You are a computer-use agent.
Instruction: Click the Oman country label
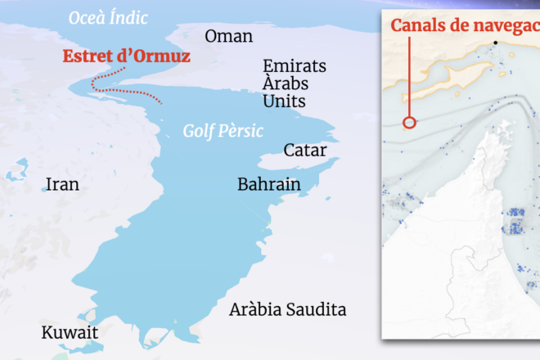pyautogui.click(x=228, y=37)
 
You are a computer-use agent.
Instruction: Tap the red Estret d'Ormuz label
pyautogui.click(x=127, y=57)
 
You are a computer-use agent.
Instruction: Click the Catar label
pyautogui.click(x=304, y=151)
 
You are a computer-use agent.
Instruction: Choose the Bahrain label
pyautogui.click(x=268, y=184)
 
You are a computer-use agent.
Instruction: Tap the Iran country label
pyautogui.click(x=62, y=184)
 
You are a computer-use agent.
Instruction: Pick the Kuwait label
pyautogui.click(x=70, y=333)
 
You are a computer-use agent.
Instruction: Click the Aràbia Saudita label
pyautogui.click(x=287, y=310)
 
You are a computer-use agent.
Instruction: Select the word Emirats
pyautogui.click(x=295, y=66)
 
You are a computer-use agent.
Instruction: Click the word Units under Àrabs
pyautogui.click(x=284, y=101)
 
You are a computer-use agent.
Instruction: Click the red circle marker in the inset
pyautogui.click(x=410, y=123)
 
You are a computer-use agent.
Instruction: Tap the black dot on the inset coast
pyautogui.click(x=495, y=43)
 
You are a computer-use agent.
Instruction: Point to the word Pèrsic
pyautogui.click(x=236, y=130)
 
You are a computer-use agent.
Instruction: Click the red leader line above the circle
pyautogui.click(x=410, y=78)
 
